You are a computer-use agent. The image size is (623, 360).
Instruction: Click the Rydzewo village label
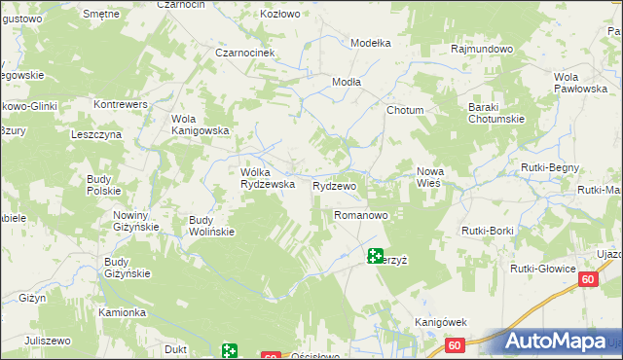pyautogui.click(x=334, y=185)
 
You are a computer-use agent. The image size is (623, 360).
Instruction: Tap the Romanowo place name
pyautogui.click(x=361, y=214)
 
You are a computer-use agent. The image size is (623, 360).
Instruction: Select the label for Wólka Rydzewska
pyautogui.click(x=261, y=178)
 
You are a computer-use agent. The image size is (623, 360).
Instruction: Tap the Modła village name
pyautogui.click(x=348, y=82)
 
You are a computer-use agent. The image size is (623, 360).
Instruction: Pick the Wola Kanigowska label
pyautogui.click(x=200, y=125)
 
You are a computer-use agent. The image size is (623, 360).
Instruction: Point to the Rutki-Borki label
pyautogui.click(x=487, y=231)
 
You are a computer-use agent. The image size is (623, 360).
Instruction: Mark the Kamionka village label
pyautogui.click(x=122, y=312)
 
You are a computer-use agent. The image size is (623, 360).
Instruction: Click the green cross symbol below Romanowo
pyautogui.click(x=375, y=256)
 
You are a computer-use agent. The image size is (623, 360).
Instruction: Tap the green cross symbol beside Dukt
pyautogui.click(x=229, y=349)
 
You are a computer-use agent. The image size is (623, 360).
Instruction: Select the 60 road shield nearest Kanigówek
pyautogui.click(x=455, y=344)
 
